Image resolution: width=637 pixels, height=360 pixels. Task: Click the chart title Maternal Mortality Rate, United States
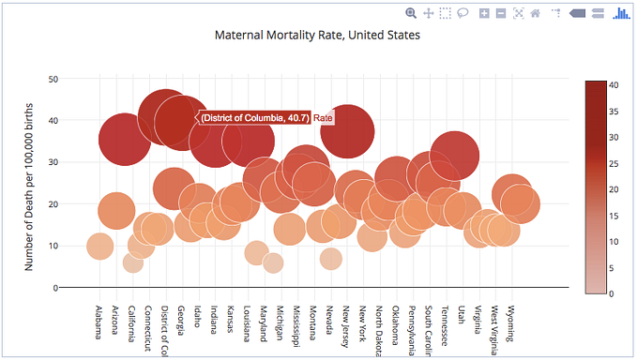317,36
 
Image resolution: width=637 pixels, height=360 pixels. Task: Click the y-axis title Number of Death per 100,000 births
29,187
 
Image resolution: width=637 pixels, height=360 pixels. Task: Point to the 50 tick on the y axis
53,79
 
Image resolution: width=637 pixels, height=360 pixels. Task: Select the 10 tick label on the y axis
53,247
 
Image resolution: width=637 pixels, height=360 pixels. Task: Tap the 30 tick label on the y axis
53,162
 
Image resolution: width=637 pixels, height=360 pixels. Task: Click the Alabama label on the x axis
99,323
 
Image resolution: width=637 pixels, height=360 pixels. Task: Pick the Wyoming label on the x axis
511,323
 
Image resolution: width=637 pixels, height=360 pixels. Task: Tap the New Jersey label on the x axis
346,325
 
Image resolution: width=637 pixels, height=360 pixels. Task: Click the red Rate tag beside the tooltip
324,118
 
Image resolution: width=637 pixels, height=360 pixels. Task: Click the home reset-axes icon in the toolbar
536,13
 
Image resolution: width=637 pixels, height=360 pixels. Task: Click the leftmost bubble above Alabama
100,247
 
